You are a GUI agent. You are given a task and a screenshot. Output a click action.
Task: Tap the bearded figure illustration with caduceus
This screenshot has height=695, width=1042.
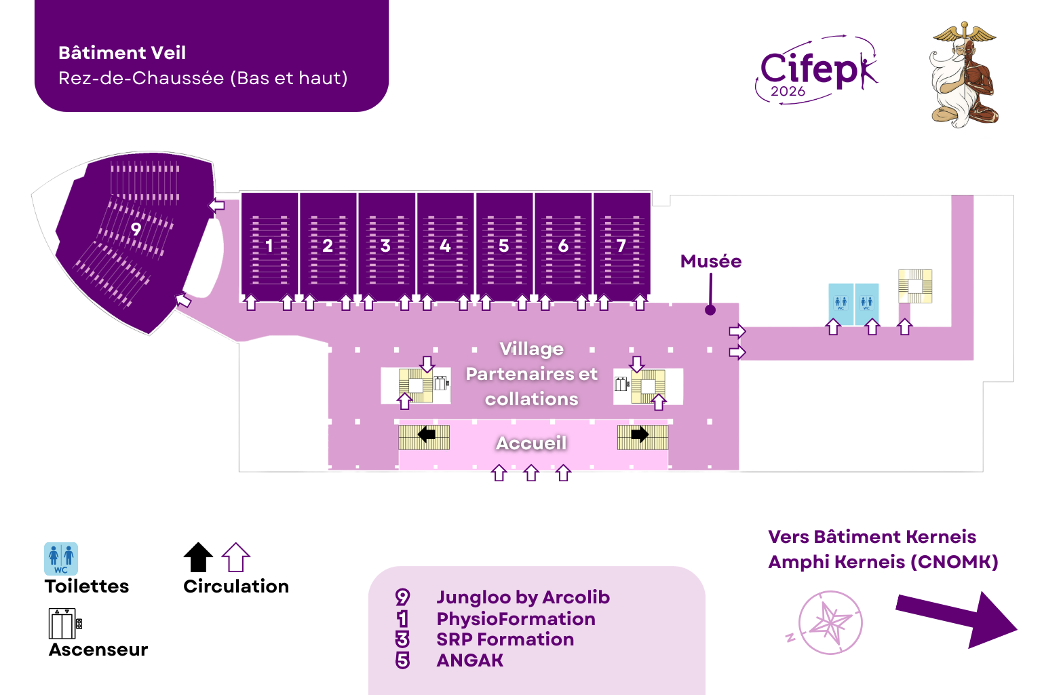point(963,75)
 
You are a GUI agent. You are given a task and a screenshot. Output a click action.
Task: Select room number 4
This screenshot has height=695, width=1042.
point(445,246)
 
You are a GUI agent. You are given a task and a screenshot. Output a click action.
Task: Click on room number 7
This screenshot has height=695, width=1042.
point(621,246)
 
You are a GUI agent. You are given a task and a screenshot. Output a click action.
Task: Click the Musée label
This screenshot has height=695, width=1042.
point(710,261)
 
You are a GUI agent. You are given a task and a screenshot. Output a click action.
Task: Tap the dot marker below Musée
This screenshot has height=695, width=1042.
point(710,310)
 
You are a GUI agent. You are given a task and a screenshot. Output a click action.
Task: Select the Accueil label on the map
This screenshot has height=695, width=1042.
point(531,443)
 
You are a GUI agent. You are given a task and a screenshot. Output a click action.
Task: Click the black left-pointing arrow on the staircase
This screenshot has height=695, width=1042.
point(426,434)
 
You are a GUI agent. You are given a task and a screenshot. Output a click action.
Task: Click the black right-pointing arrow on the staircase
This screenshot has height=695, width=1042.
point(640,434)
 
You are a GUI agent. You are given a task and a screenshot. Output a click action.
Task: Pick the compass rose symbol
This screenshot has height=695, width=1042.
point(830,622)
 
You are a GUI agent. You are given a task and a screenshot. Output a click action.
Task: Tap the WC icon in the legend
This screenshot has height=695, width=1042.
point(61,559)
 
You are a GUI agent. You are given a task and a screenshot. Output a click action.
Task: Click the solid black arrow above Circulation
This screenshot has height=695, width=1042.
point(198,557)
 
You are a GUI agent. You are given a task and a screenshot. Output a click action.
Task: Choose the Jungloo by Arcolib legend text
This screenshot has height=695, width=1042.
point(522,597)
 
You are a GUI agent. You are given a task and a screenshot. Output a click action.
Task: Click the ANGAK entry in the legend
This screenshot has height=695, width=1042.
point(469,660)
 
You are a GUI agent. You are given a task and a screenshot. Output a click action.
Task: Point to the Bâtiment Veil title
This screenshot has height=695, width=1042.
point(122,53)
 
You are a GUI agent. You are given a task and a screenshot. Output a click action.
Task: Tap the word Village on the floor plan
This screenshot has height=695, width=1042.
point(531,349)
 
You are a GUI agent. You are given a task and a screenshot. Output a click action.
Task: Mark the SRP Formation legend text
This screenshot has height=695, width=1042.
point(505,639)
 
